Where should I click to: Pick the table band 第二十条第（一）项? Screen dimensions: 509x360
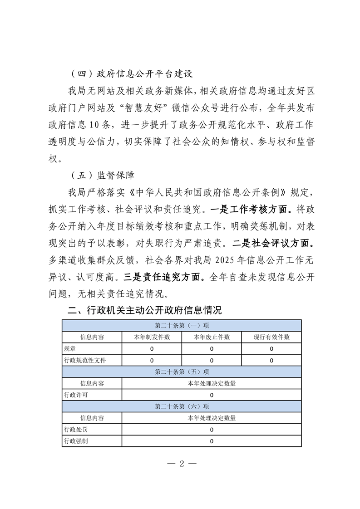(x=182, y=326)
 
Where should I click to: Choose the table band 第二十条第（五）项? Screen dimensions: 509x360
(x=182, y=372)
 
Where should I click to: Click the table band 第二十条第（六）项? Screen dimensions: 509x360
(x=182, y=406)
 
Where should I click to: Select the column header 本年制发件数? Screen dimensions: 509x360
(x=152, y=337)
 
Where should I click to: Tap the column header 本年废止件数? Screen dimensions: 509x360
(x=212, y=337)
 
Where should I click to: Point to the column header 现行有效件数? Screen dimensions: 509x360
(x=271, y=337)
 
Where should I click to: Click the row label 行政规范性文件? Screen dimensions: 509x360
(x=86, y=361)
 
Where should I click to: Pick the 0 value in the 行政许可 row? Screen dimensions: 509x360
(x=212, y=395)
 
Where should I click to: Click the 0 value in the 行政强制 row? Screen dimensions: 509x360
(x=212, y=441)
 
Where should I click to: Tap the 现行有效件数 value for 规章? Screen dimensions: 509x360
(x=271, y=349)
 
